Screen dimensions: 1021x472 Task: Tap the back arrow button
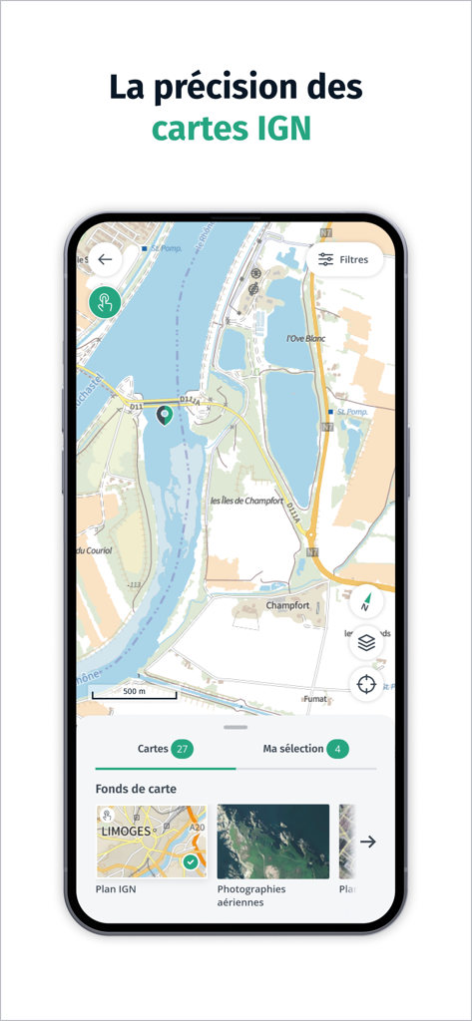click(x=105, y=259)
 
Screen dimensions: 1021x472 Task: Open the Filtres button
click(x=344, y=259)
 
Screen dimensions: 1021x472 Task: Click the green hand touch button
click(x=105, y=302)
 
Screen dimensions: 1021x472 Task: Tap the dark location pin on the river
click(x=166, y=415)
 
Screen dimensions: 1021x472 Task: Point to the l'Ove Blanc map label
click(x=307, y=338)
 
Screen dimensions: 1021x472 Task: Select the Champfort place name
click(x=287, y=605)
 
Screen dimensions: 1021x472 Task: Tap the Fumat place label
click(x=315, y=699)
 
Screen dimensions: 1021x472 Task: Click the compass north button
click(x=366, y=601)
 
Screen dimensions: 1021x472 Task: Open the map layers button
click(x=366, y=643)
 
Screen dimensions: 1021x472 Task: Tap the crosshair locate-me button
click(x=366, y=684)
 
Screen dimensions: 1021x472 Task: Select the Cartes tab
click(x=153, y=749)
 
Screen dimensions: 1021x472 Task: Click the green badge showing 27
click(x=182, y=749)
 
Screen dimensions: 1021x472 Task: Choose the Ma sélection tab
click(x=293, y=749)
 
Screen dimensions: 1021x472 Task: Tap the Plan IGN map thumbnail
click(x=151, y=842)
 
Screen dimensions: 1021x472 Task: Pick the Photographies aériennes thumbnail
click(x=272, y=842)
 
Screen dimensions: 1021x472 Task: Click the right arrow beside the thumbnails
click(x=368, y=842)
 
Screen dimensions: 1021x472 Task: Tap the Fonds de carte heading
click(x=136, y=789)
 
